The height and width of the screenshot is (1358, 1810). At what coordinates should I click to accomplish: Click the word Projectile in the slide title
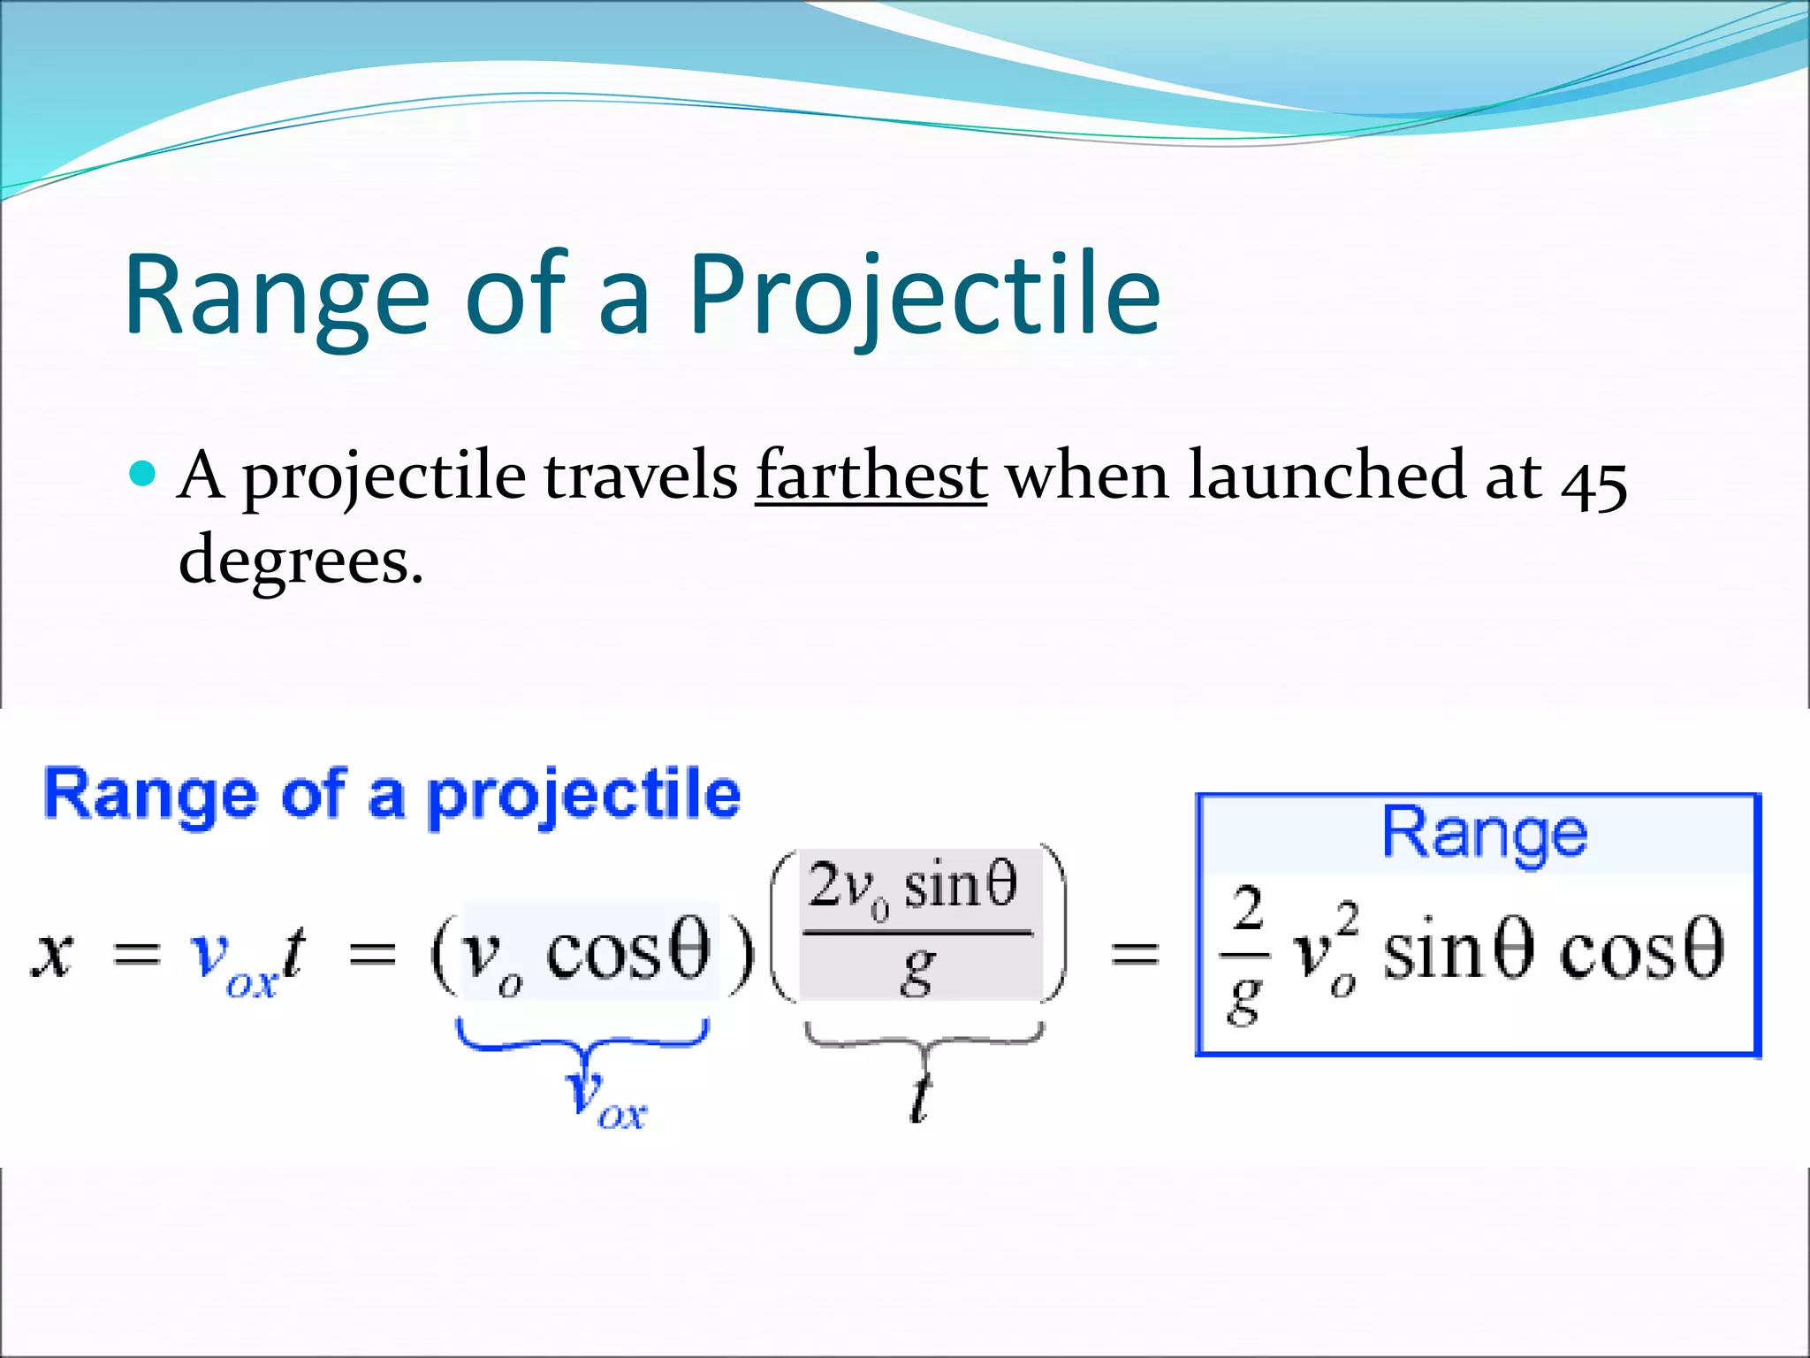924,296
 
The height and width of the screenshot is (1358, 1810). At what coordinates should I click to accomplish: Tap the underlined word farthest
871,477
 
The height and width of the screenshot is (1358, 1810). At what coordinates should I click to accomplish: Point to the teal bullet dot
142,474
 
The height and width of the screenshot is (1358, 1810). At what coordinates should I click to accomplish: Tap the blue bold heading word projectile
583,796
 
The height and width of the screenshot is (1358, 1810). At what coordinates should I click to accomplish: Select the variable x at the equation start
53,955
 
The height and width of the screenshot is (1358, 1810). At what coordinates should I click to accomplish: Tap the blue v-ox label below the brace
605,1101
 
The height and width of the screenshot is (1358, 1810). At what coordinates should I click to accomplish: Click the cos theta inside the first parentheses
627,953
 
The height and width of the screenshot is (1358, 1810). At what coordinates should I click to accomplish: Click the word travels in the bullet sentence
641,477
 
